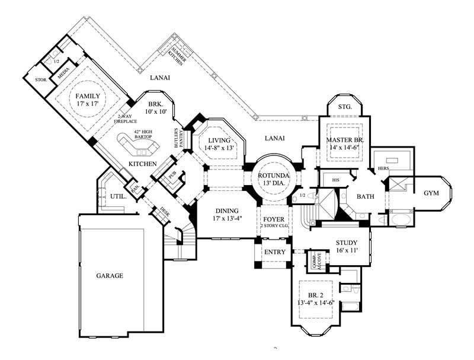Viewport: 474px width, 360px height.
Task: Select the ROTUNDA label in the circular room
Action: click(273, 176)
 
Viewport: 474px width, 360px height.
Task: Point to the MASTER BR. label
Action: click(345, 139)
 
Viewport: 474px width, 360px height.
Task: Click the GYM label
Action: click(431, 193)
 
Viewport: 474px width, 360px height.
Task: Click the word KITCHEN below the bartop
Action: click(143, 164)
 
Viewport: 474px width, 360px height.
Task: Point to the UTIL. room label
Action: click(116, 196)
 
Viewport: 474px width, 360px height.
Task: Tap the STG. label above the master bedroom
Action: click(345, 107)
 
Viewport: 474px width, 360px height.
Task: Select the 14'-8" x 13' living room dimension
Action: click(220, 148)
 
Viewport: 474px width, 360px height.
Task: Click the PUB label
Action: click(172, 176)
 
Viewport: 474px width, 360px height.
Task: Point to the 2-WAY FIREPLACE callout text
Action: click(128, 119)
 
